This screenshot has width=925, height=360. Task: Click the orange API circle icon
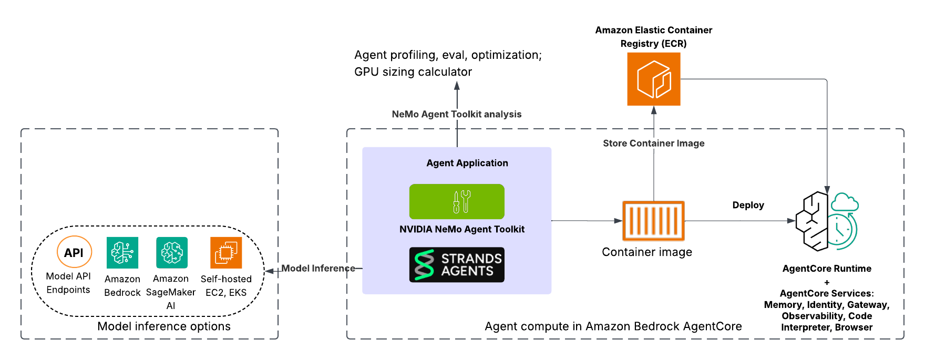pyautogui.click(x=74, y=252)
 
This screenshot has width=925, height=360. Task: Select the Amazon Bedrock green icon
pyautogui.click(x=122, y=253)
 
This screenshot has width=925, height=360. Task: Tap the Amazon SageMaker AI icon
pyautogui.click(x=171, y=253)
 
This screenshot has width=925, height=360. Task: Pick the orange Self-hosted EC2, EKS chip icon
pyautogui.click(x=226, y=253)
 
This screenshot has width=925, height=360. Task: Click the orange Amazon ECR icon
pyautogui.click(x=654, y=79)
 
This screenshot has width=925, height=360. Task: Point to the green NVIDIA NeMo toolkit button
pyautogui.click(x=457, y=201)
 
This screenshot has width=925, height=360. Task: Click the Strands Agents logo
pyautogui.click(x=457, y=265)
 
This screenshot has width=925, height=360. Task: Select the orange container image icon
pyautogui.click(x=653, y=221)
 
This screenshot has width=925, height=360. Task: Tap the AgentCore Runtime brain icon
pyautogui.click(x=813, y=221)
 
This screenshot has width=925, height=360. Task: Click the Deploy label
pyautogui.click(x=748, y=205)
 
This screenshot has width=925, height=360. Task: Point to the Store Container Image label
pyautogui.click(x=653, y=143)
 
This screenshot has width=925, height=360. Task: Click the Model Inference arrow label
pyautogui.click(x=318, y=268)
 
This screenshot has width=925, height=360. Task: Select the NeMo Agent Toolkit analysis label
pyautogui.click(x=457, y=114)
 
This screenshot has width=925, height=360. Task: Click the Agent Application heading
pyautogui.click(x=467, y=163)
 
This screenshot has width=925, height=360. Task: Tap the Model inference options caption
pyautogui.click(x=164, y=326)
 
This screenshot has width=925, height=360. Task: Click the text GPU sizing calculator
pyautogui.click(x=413, y=71)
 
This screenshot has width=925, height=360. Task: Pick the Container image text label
pyautogui.click(x=646, y=252)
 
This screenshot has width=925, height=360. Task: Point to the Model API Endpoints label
pyautogui.click(x=68, y=283)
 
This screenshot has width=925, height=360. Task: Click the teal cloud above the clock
pyautogui.click(x=845, y=202)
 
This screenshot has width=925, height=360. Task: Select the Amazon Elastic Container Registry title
pyautogui.click(x=653, y=37)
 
